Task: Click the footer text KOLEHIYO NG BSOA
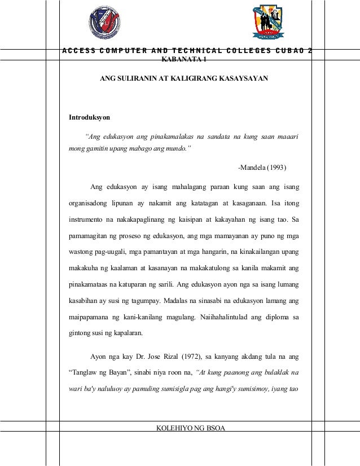tap(190, 429)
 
